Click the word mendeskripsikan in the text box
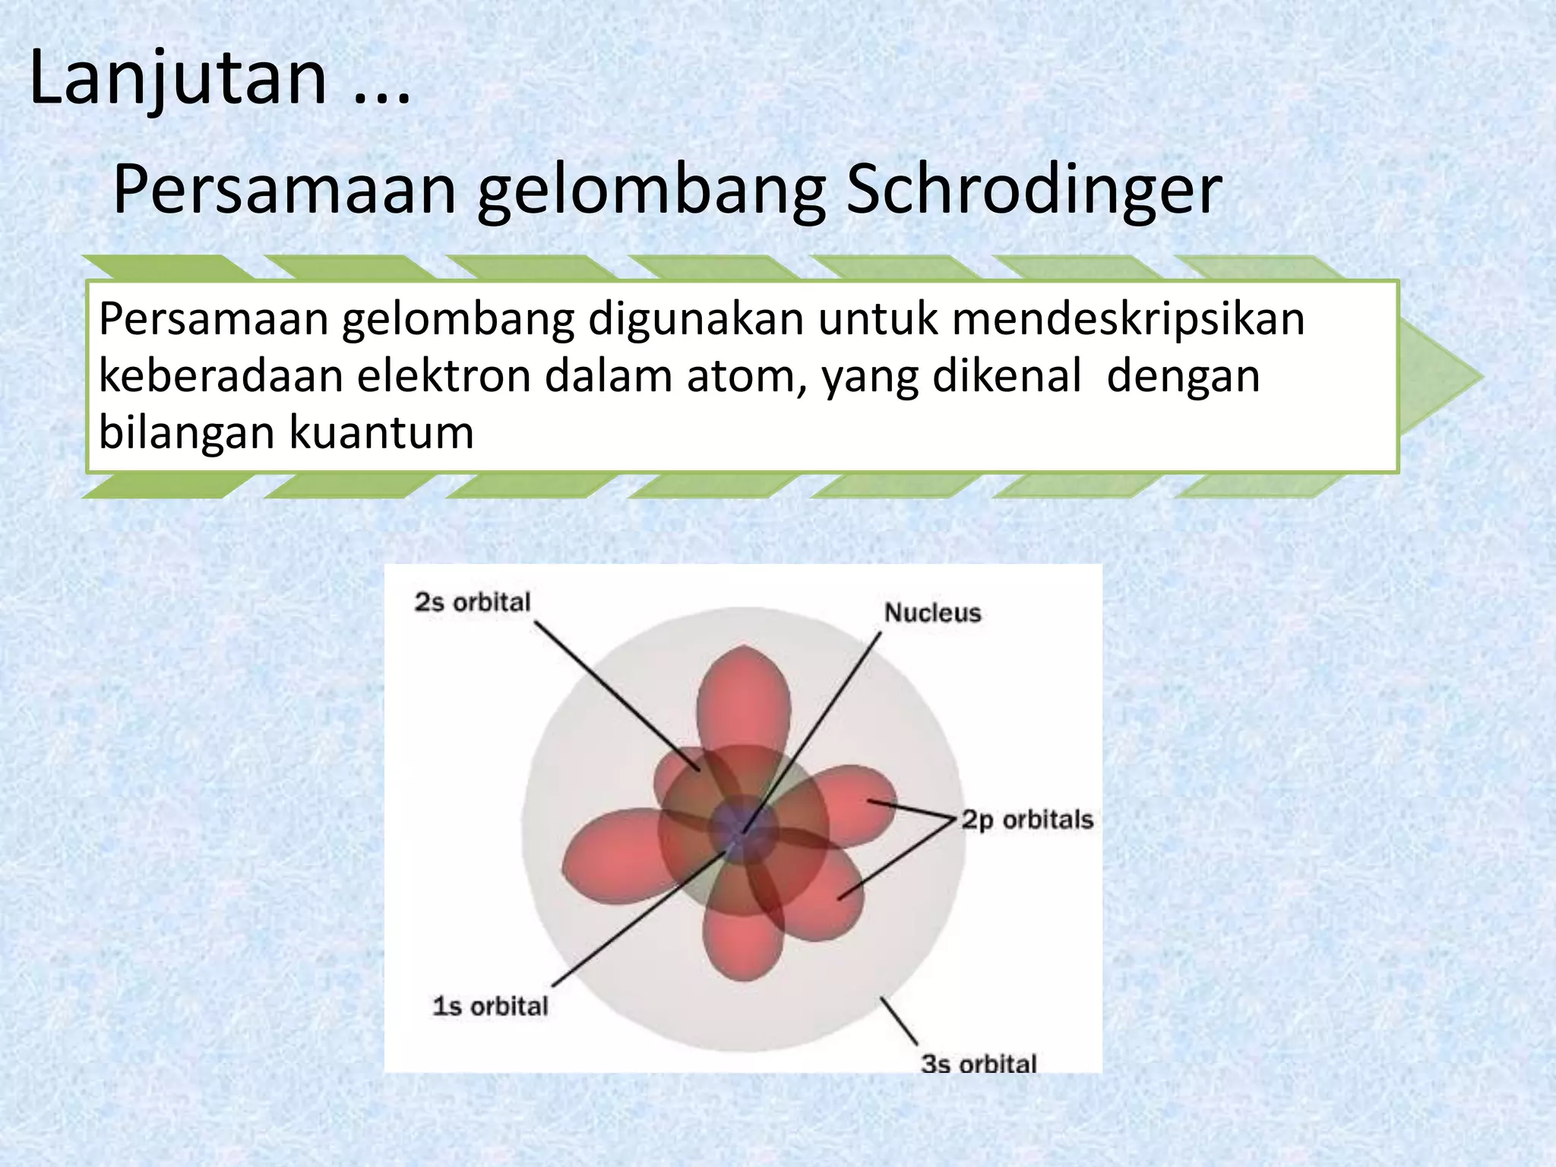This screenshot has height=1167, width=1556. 1127,318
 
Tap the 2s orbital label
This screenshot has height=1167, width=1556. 472,602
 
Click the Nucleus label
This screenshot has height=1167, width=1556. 932,612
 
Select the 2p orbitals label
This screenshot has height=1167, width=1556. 1026,820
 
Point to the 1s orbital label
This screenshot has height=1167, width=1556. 490,1006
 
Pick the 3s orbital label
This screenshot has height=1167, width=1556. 979,1064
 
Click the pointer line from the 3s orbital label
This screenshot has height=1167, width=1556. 899,1020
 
